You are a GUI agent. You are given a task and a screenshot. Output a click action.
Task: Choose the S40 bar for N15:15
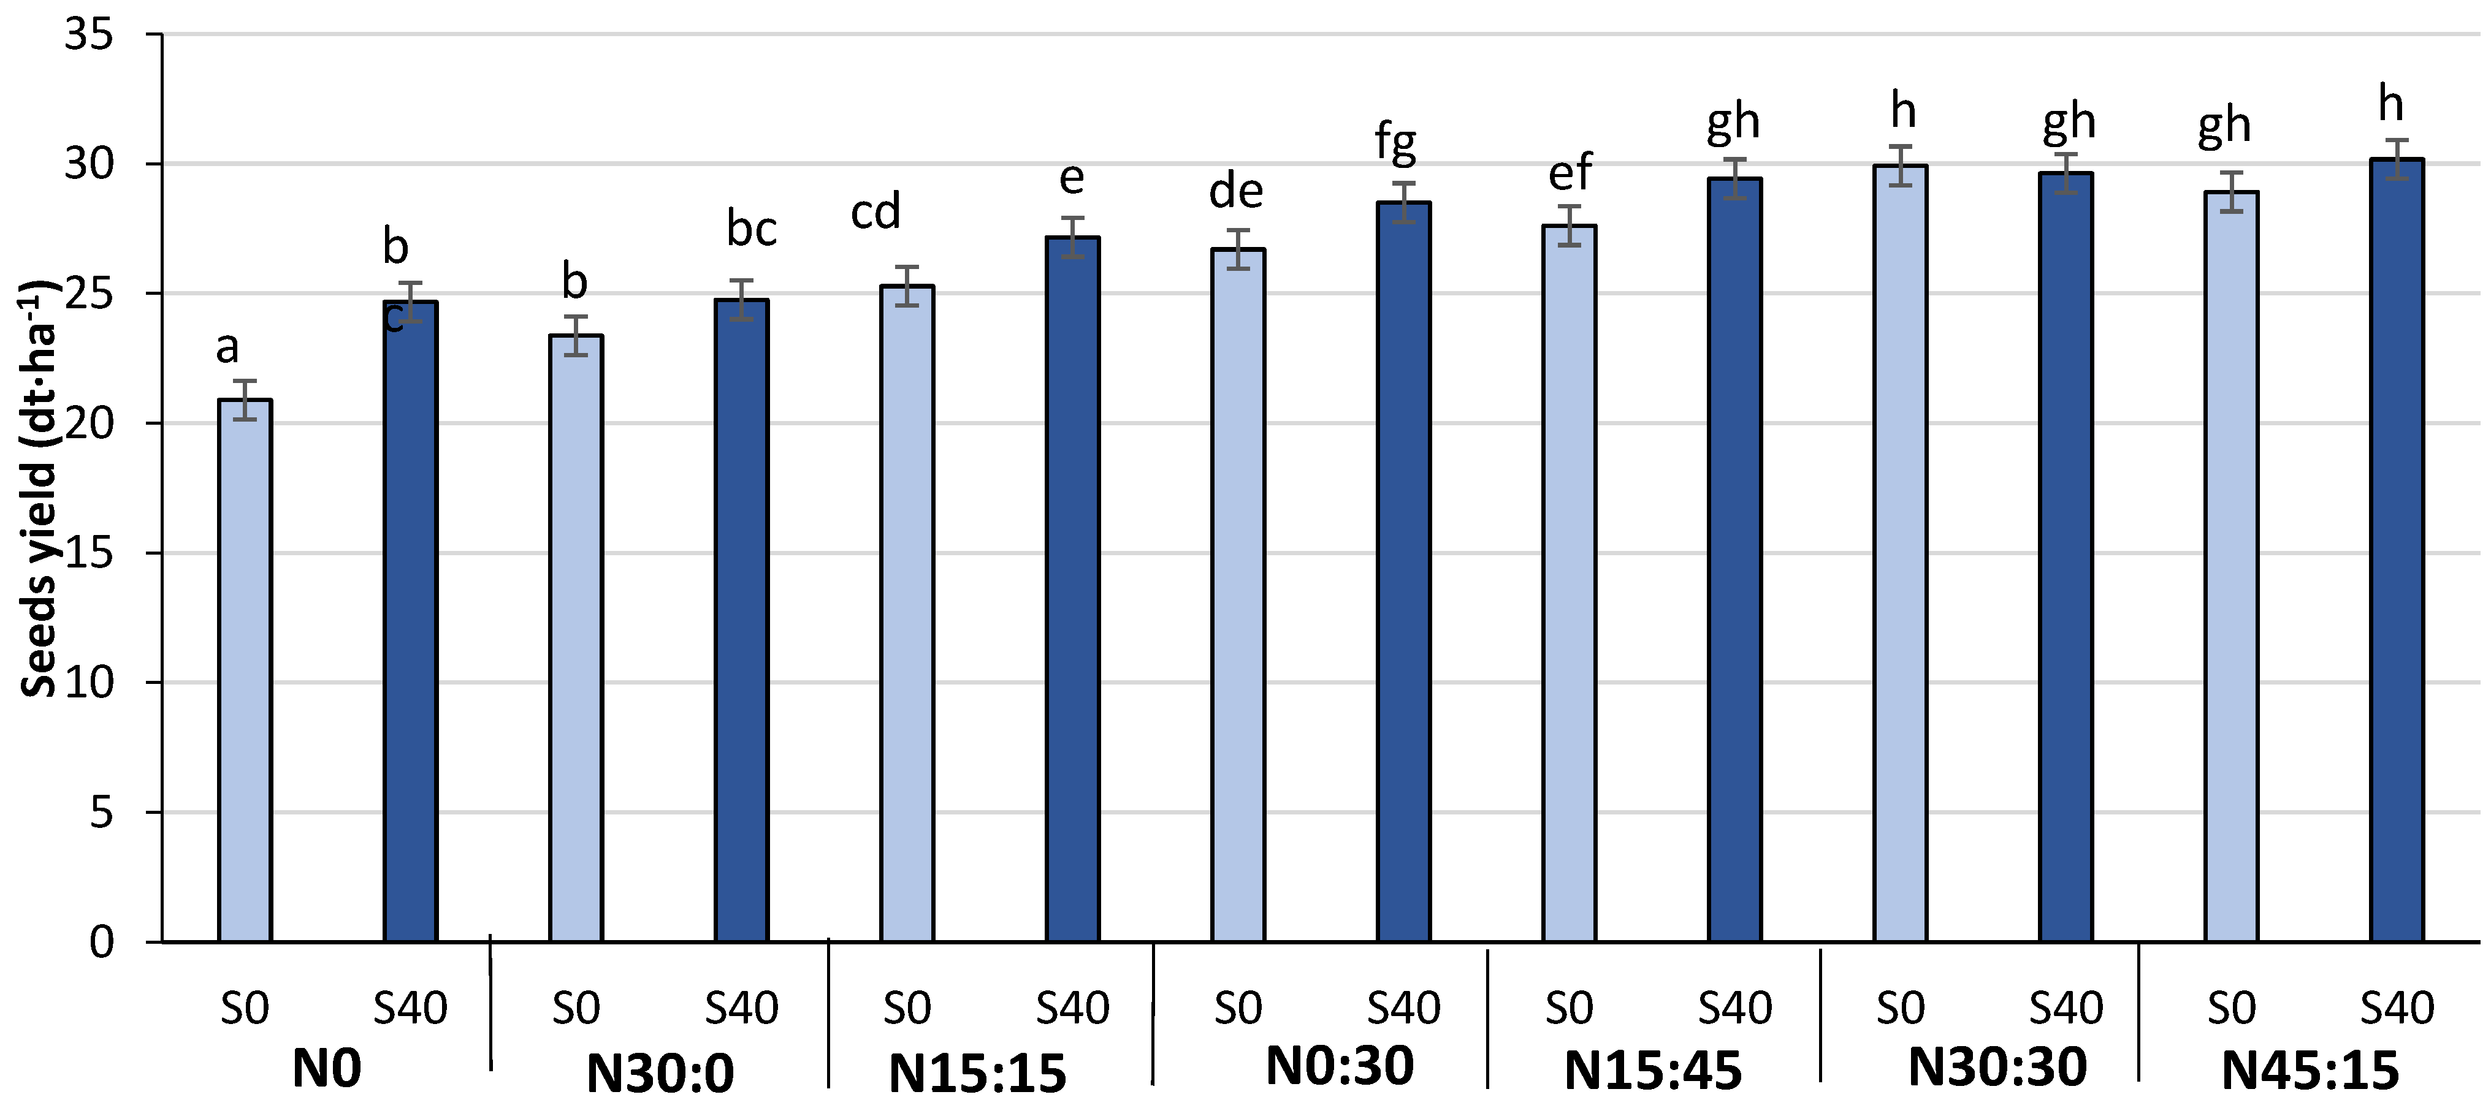click(x=1072, y=589)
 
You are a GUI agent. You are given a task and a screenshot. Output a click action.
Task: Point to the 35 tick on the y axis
click(x=89, y=35)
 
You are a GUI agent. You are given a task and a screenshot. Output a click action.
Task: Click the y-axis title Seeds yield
click(x=39, y=488)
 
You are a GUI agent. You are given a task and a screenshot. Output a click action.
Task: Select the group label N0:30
click(x=1339, y=1066)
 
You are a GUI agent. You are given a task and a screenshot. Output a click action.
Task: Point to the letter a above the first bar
click(x=227, y=346)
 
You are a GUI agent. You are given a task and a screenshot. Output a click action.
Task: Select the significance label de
click(x=1236, y=191)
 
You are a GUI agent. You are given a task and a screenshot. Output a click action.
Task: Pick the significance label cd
click(x=875, y=211)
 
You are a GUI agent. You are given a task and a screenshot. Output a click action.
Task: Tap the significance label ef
click(x=1570, y=173)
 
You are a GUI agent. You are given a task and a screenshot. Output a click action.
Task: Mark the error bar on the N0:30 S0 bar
click(x=1238, y=249)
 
